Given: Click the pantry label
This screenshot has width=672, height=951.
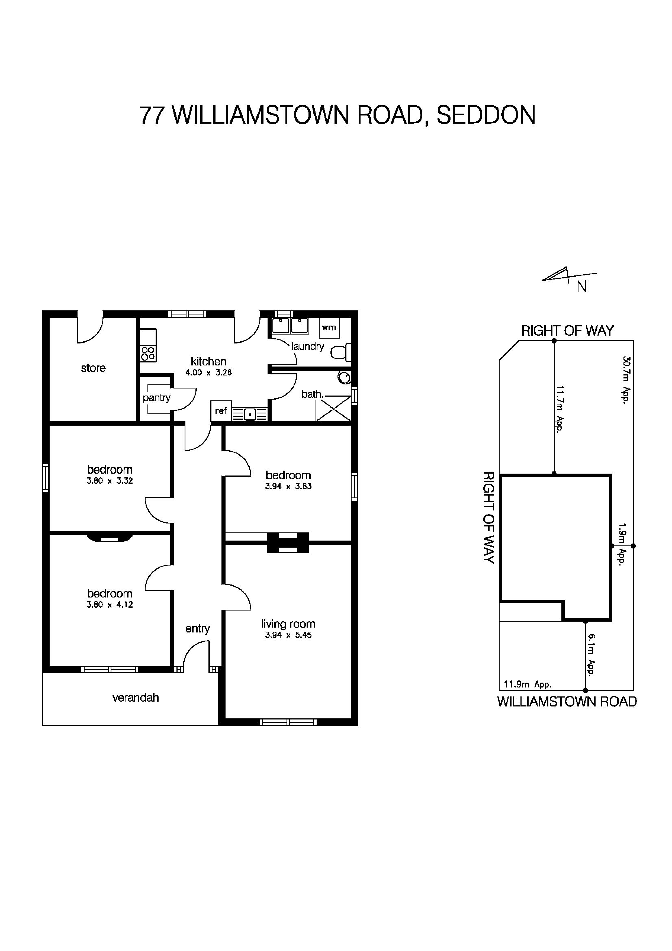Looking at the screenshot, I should (156, 398).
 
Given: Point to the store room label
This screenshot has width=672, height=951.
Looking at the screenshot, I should (93, 368).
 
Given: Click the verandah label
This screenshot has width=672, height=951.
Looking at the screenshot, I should (135, 698).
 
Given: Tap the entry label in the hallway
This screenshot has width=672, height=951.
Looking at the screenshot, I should (198, 628).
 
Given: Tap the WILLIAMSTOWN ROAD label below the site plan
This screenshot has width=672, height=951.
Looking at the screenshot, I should (567, 702).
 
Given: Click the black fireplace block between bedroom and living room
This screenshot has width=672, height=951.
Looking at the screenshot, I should (288, 543).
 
